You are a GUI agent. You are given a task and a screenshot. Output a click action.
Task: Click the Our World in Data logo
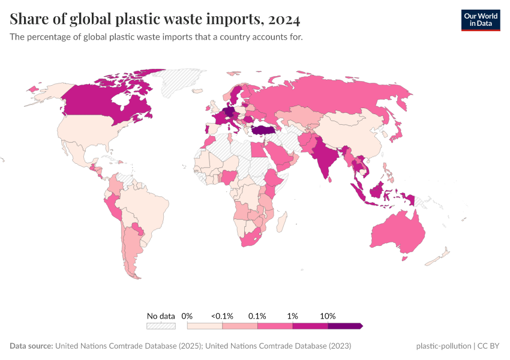(480, 20)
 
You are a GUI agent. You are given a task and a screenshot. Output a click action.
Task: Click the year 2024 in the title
(284, 20)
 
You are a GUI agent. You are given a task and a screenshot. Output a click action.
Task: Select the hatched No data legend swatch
(161, 326)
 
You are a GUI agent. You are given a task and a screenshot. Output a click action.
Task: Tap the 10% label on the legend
(328, 316)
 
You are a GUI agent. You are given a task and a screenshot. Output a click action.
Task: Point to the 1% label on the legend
(293, 316)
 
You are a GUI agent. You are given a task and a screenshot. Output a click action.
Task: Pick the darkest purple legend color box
(344, 326)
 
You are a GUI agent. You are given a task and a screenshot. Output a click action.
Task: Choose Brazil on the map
(147, 207)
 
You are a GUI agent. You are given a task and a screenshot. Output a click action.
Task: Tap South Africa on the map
(252, 240)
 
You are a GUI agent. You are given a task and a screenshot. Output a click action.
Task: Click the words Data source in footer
(31, 346)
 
